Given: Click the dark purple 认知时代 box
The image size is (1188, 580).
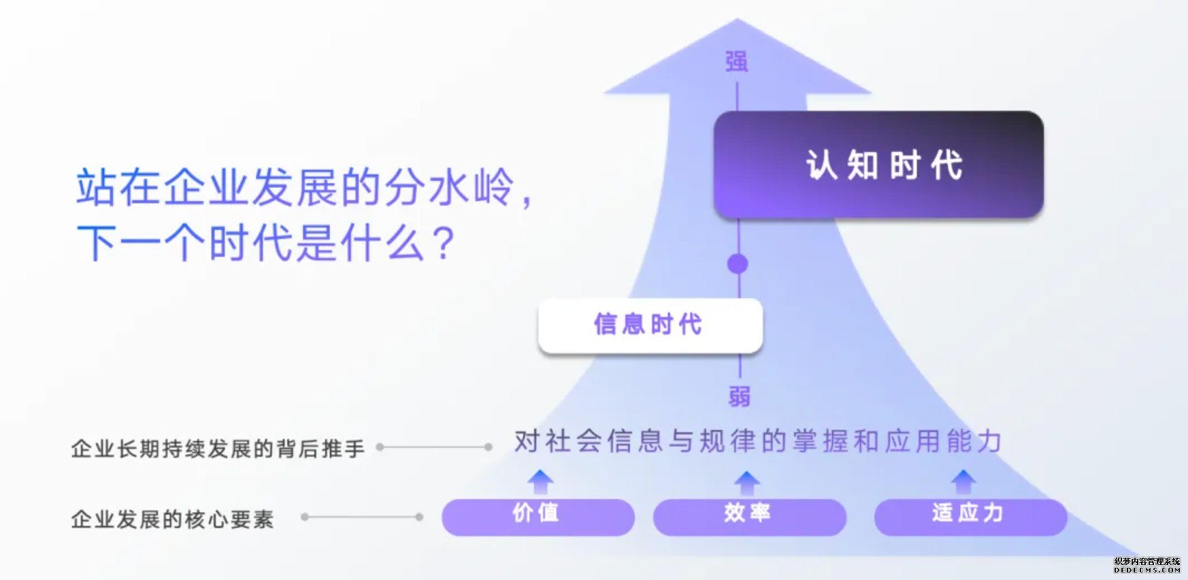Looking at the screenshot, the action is pos(878,165).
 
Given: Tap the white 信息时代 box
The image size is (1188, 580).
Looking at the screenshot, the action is pos(650,325).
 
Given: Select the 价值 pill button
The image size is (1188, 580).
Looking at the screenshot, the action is pos(538,517).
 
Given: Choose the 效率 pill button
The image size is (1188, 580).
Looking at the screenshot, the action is pos(749,517).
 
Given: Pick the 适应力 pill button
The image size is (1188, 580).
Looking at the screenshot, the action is pos(970,517).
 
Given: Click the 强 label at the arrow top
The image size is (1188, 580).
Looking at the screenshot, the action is pos(737,62).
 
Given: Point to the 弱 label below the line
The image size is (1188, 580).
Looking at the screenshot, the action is pos(739,396).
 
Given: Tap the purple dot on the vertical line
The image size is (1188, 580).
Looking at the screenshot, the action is pos(738,264).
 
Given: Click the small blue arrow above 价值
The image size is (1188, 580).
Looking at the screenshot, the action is pos(540,481).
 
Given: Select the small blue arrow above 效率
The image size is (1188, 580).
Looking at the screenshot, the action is pos(747,481).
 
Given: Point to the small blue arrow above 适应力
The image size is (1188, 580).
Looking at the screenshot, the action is pos(963,481).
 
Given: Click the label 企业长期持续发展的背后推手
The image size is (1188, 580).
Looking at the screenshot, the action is pos(218,449).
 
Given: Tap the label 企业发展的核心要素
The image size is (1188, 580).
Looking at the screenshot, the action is pos(172,519).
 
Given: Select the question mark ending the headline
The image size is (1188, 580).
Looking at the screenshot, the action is pos(444,243).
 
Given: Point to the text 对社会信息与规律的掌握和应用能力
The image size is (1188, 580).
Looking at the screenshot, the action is pos(758,441).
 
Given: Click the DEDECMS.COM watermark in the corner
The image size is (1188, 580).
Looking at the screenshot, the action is pos(1147,570).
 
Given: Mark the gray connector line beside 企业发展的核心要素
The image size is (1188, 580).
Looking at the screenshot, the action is pos(362,517).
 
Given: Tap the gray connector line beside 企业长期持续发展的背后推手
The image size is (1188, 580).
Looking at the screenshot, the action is pos(434,447).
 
